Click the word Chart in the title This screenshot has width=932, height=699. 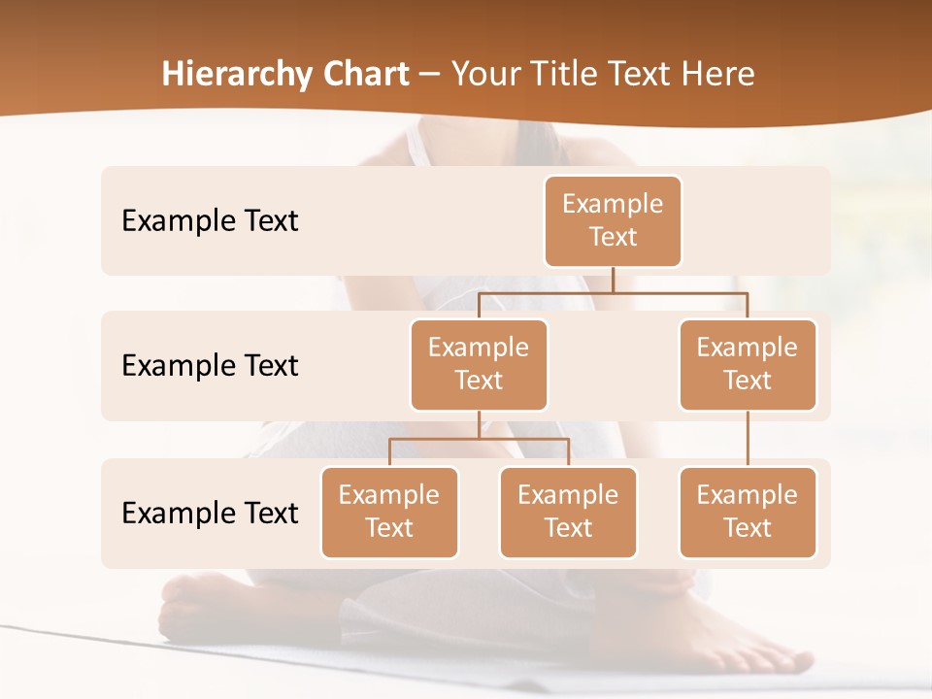coord(361,75)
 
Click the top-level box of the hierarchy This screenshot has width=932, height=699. coord(613,220)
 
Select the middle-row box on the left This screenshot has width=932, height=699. coord(479,364)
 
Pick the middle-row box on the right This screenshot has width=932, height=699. coord(748,364)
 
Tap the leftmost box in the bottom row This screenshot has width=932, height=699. coord(389,512)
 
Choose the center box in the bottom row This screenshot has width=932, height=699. coord(568,512)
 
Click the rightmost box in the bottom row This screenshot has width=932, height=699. coord(748,512)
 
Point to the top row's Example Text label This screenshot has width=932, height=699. coord(210,220)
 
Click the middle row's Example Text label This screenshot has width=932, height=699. coord(210,365)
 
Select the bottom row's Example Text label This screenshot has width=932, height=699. coord(210,513)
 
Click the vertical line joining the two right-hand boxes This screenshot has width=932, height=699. coord(748,439)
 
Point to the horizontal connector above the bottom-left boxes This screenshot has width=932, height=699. coord(479,439)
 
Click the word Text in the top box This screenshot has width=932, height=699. coord(613,237)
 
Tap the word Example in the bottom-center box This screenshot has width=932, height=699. coord(568,495)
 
